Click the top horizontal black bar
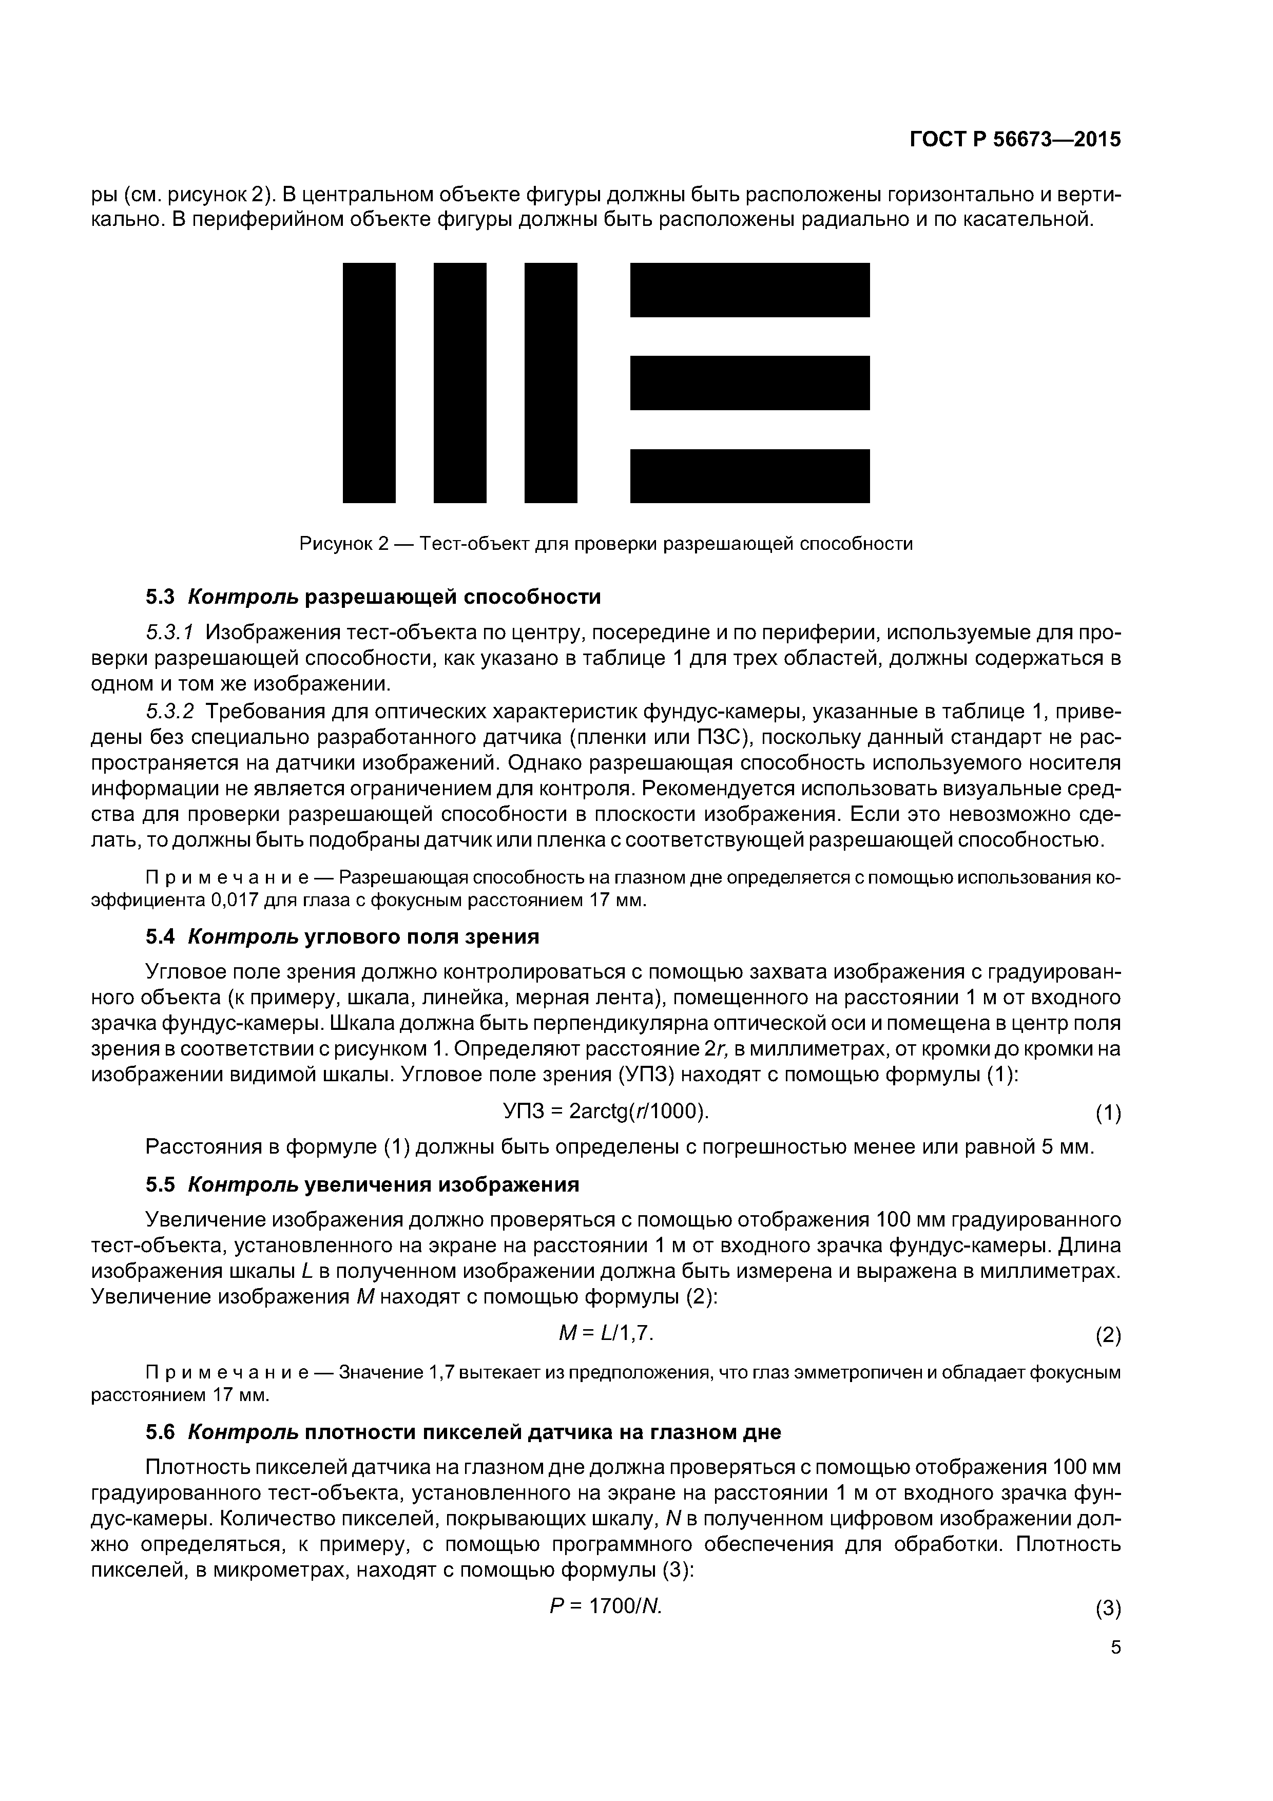(x=750, y=290)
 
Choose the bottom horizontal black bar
(x=750, y=475)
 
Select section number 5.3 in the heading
(x=160, y=597)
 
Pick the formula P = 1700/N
(x=606, y=1606)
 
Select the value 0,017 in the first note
(x=235, y=899)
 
